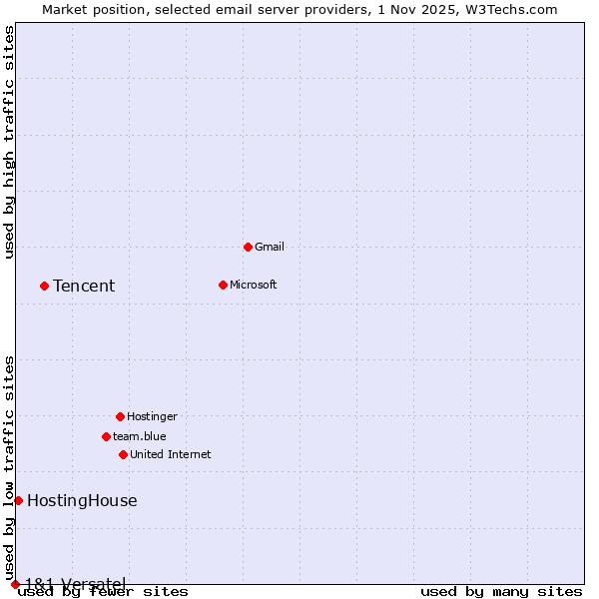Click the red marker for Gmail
(x=248, y=247)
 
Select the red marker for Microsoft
(x=223, y=285)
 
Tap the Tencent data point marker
(x=44, y=286)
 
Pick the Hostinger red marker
(x=120, y=416)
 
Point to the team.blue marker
(x=106, y=436)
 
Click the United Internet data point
(x=123, y=454)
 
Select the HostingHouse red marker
(x=18, y=500)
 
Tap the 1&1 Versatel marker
(x=15, y=584)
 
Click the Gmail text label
(x=270, y=247)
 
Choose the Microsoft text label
(x=253, y=285)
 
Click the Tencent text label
(x=84, y=287)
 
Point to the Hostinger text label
(x=152, y=416)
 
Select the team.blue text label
(x=139, y=436)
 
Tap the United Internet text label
(x=170, y=454)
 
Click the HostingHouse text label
(x=82, y=501)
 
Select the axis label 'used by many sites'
(x=501, y=592)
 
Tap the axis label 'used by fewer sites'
(x=103, y=592)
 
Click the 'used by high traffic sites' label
(x=10, y=142)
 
